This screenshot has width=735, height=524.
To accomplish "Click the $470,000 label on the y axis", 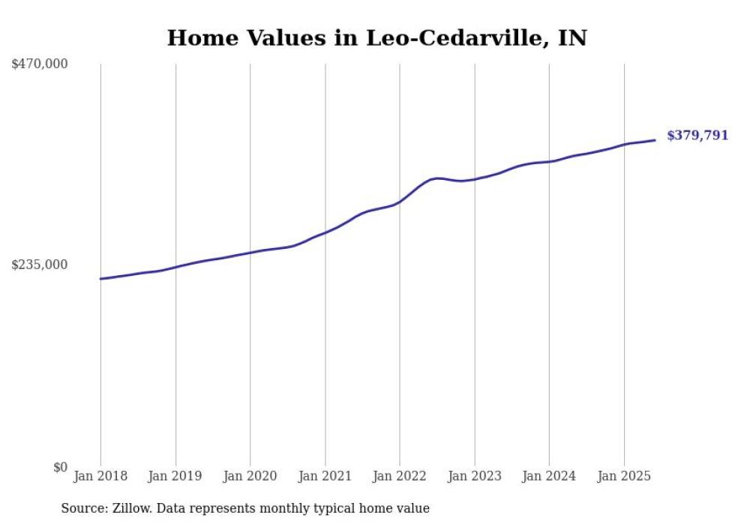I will click(x=40, y=64).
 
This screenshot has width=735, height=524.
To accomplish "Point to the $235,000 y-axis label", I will click(x=40, y=265).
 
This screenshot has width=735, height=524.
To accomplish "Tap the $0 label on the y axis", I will click(x=60, y=467).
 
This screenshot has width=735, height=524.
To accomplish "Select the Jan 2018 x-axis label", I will click(x=100, y=476).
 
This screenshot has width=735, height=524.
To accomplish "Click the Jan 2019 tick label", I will click(x=175, y=476).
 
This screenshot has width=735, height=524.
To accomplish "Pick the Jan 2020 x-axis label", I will click(x=250, y=476).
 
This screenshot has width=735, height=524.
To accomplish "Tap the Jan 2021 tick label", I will click(x=325, y=476).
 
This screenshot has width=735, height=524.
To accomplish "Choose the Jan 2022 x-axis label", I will click(x=400, y=476).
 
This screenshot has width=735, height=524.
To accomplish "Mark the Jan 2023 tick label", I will click(x=474, y=476).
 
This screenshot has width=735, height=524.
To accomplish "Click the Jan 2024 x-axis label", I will click(x=549, y=476).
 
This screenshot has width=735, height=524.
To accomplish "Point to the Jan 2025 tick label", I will click(x=624, y=476).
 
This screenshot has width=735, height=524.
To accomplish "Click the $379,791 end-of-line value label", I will click(x=697, y=136).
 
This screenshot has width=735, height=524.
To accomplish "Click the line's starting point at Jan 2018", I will click(x=101, y=279).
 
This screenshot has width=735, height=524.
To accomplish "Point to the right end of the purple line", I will click(x=655, y=140).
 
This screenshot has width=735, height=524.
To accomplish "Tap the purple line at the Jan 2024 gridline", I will click(x=549, y=162).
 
